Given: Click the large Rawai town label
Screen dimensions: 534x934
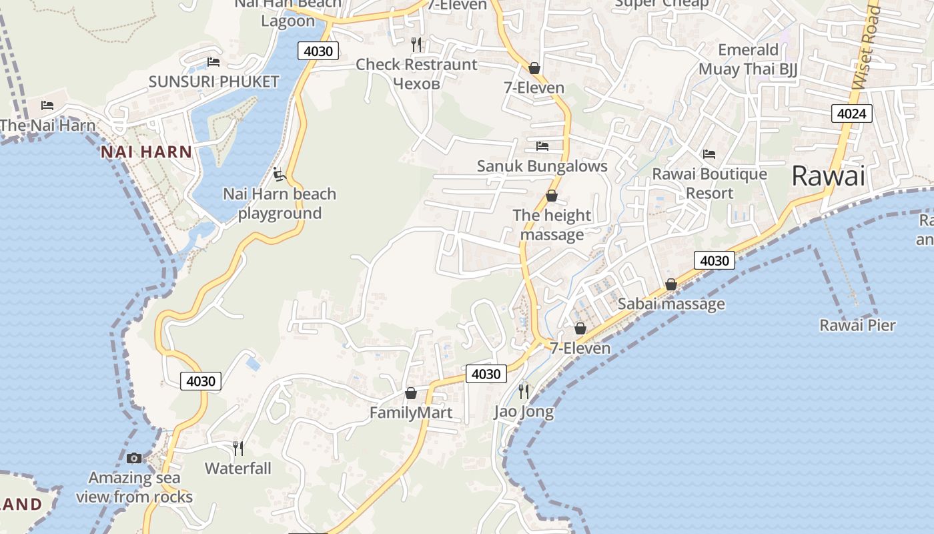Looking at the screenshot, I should [x=828, y=176].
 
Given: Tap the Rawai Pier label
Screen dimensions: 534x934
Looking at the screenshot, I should [x=857, y=325].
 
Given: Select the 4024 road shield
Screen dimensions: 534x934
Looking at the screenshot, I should [x=852, y=113].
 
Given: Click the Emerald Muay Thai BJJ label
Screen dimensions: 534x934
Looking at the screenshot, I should [x=748, y=59].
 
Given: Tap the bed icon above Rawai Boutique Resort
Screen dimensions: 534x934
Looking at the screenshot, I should [x=709, y=154].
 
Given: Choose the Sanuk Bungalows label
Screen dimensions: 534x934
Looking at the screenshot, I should [x=542, y=166].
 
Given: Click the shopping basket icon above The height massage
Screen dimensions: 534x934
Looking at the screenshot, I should [x=552, y=196].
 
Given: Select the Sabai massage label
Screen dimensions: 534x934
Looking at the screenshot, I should [x=670, y=304].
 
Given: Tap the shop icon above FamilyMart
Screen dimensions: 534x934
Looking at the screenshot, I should [x=411, y=393].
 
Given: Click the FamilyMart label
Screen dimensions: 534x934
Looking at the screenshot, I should [x=411, y=413].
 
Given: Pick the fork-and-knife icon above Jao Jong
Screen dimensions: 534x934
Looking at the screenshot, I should [x=524, y=391].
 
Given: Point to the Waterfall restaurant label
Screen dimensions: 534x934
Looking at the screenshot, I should [x=238, y=468].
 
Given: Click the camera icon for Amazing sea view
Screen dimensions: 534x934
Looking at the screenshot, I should [x=134, y=458].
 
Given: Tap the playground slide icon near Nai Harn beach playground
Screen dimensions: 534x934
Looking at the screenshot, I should [x=280, y=174].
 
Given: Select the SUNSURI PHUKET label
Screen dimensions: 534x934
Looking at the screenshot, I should [x=213, y=82].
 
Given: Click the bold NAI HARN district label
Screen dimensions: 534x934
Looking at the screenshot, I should [x=146, y=152].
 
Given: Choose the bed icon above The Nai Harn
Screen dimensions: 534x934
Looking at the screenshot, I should [x=47, y=105].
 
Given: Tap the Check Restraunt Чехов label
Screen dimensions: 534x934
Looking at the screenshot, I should [x=416, y=73].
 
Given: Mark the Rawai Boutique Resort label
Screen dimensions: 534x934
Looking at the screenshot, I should [x=709, y=184].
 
